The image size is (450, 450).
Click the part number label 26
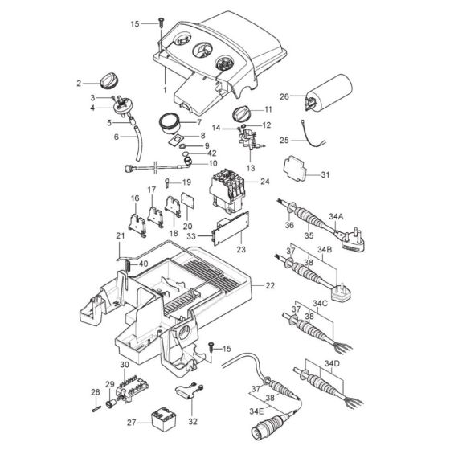point(284,96)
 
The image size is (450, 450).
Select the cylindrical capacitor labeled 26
point(329,92)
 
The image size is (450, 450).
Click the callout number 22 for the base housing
point(270,285)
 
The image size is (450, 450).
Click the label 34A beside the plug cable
point(336,216)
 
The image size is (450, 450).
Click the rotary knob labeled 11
point(241,112)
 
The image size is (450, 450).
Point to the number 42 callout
point(212,153)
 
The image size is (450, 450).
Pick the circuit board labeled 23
point(231,228)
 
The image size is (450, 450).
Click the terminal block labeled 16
point(137,225)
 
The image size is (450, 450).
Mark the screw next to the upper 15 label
point(162,22)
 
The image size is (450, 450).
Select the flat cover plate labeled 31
point(295,168)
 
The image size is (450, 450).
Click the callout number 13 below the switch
point(251,168)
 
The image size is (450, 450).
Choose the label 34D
point(332,363)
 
